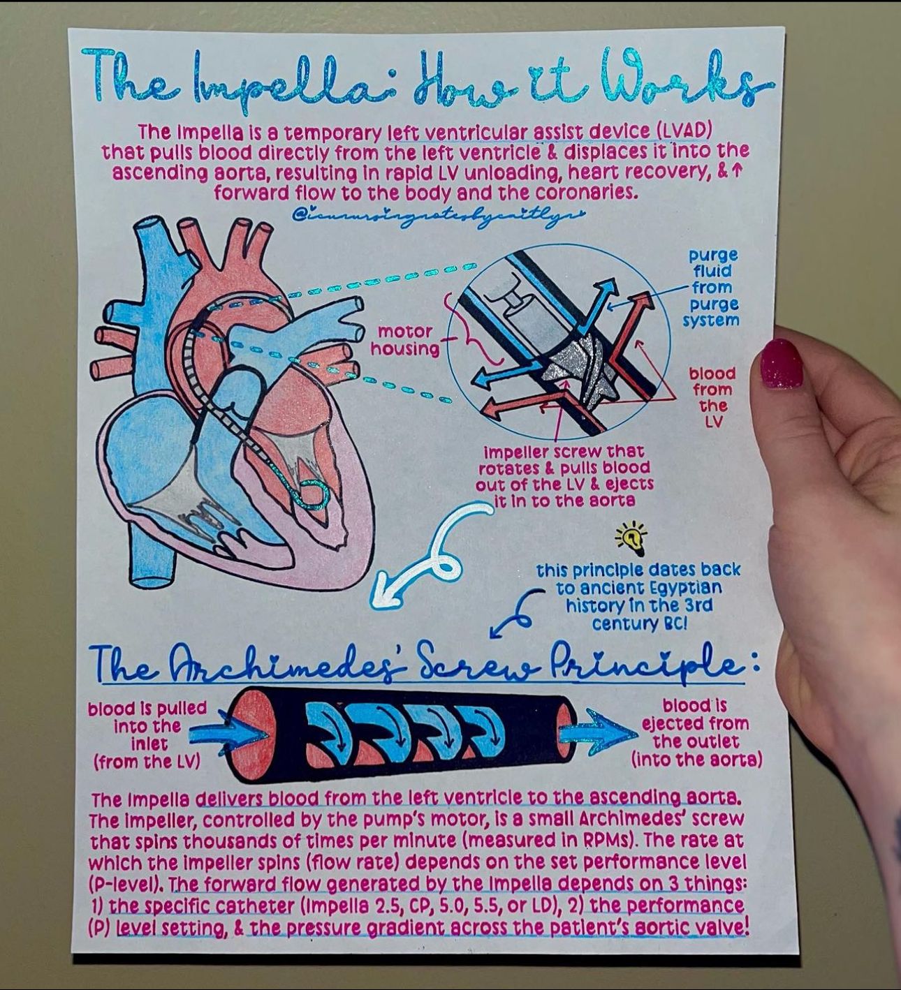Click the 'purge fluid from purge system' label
click(x=712, y=288)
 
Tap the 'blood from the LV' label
click(x=712, y=397)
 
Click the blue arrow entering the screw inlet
click(x=226, y=732)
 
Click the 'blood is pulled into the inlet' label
click(x=147, y=734)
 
